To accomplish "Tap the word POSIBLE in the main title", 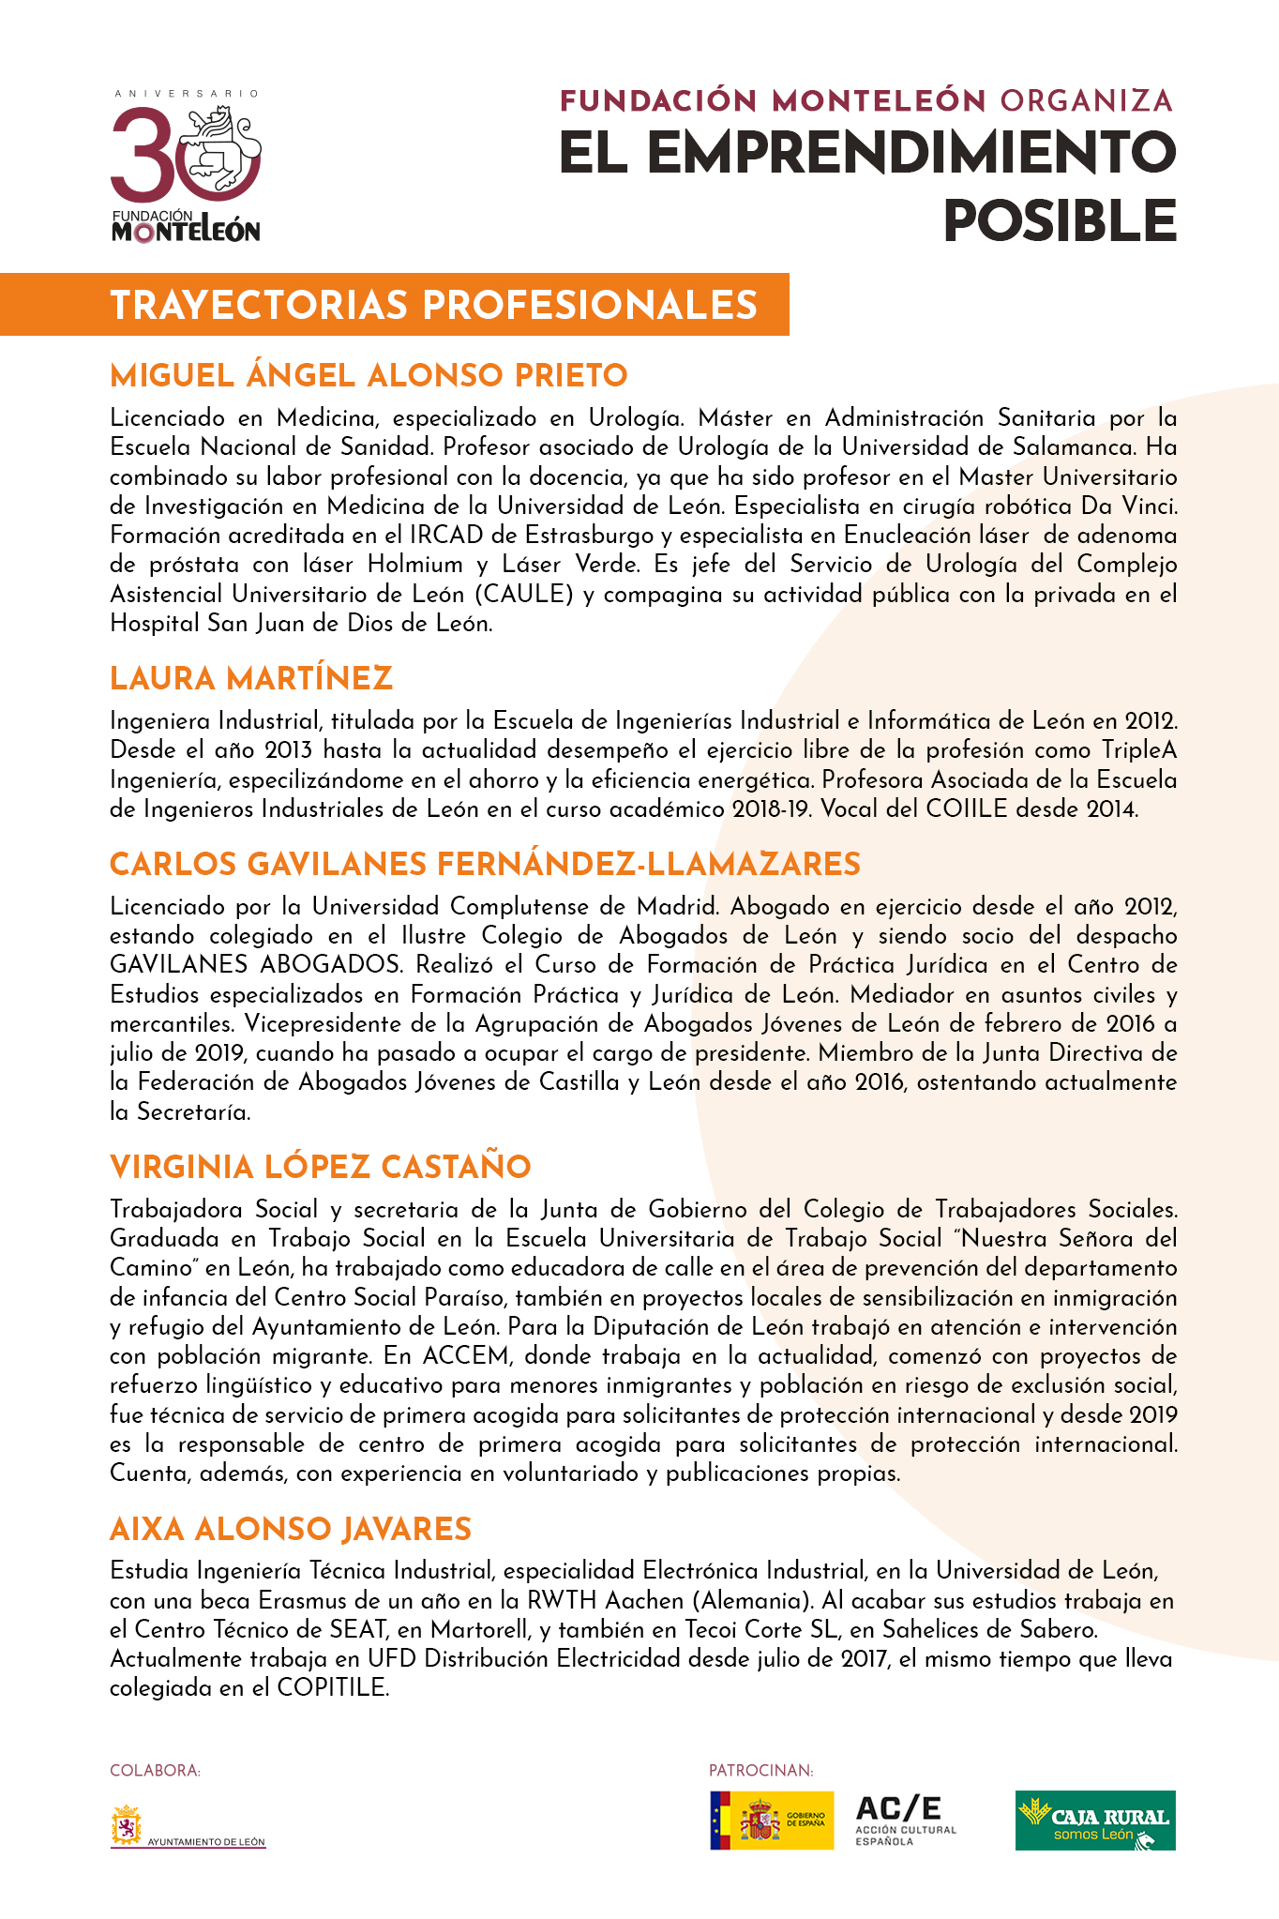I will [1059, 221].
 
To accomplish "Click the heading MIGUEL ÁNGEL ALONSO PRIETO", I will [369, 376].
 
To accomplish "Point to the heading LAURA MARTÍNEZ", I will [250, 679].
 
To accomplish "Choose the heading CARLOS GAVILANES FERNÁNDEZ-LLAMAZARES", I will [485, 865].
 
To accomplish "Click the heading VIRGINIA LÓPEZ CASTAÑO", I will [320, 1168].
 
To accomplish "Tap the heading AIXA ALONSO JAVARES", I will [290, 1530].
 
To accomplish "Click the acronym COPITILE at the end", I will [332, 1688].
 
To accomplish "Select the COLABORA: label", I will [156, 1771].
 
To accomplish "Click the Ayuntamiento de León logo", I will [188, 1826].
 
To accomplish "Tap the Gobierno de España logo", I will [771, 1821].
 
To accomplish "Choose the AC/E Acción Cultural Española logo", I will [905, 1821].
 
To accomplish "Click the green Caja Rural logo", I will [1094, 1821].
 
